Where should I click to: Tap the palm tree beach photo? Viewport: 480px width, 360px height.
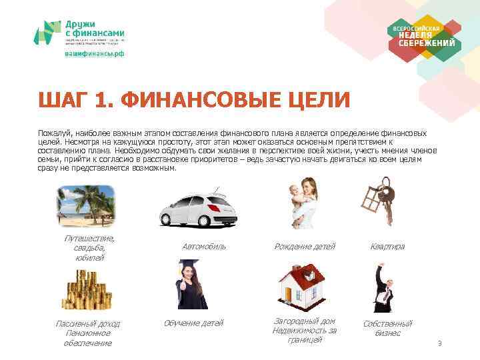coord(83,205)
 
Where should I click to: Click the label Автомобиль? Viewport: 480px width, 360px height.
coord(204,247)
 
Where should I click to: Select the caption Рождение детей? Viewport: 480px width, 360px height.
coord(305,247)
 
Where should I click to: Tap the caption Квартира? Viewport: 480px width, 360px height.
coord(387,247)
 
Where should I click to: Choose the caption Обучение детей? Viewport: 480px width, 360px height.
coord(193,323)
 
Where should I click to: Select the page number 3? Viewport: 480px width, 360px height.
coord(439,344)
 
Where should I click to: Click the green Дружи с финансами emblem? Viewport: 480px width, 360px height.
coord(47,33)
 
